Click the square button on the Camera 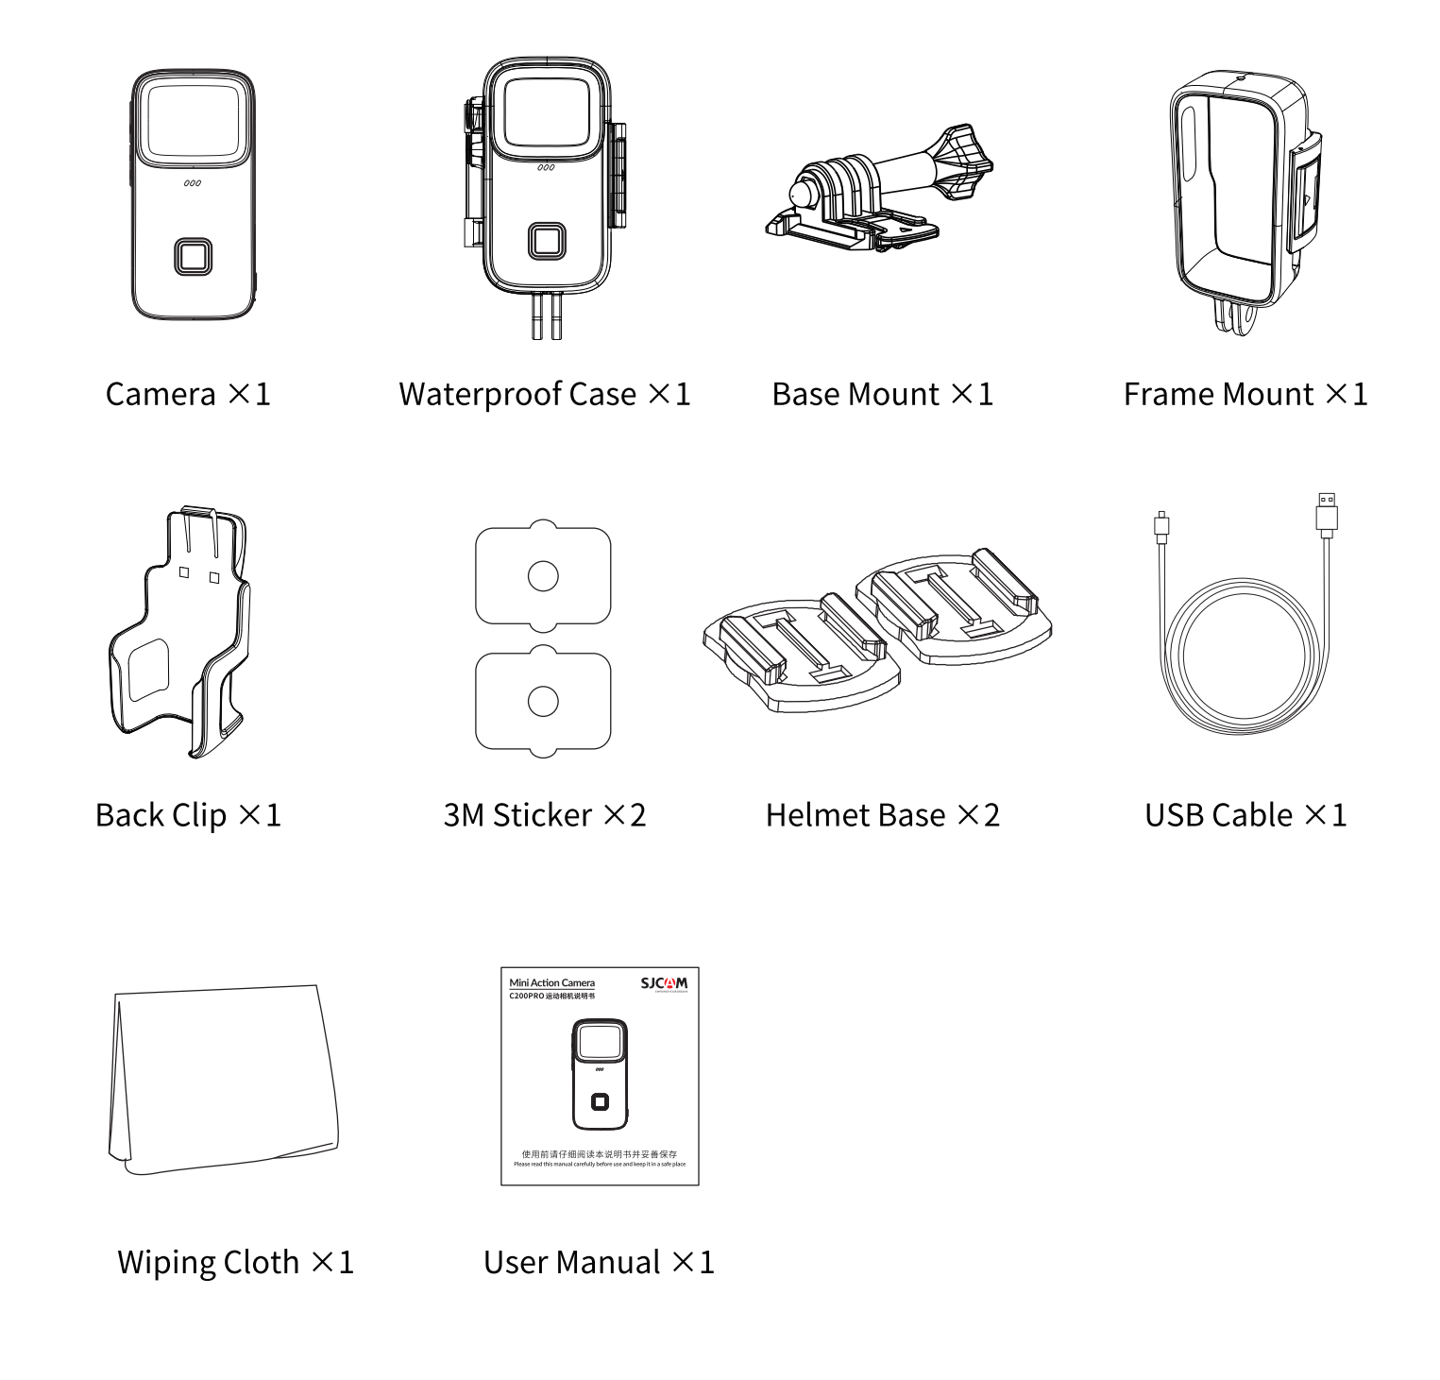point(193,256)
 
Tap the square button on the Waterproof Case point(547,241)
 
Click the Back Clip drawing point(180,633)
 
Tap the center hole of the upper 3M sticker point(543,575)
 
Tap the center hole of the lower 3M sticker point(543,701)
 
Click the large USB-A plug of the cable point(1327,514)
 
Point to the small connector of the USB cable point(1161,525)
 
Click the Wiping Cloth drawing point(223,1078)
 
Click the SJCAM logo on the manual point(664,983)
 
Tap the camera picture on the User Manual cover point(599,1075)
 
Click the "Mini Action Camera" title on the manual point(551,983)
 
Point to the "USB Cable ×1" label point(1245,815)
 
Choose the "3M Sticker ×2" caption point(545,815)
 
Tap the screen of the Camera point(193,118)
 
